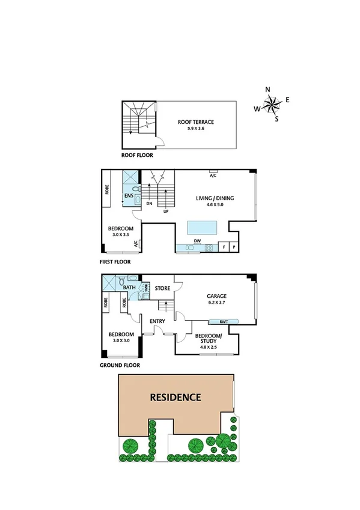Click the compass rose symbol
(x=272, y=106)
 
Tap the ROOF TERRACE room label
(x=196, y=125)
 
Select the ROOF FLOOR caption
(x=137, y=155)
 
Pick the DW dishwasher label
(x=197, y=241)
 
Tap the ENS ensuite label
(x=129, y=196)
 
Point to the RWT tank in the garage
(x=224, y=321)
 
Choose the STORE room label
(x=163, y=289)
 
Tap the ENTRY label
(x=157, y=321)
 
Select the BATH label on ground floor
(x=129, y=287)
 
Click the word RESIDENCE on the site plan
(x=175, y=397)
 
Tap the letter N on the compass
(x=268, y=90)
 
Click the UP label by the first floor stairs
(x=165, y=212)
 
